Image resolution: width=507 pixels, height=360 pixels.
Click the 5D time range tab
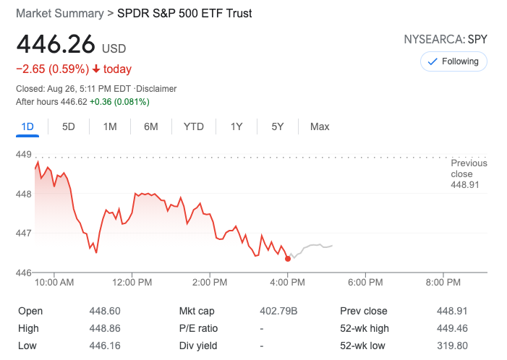(x=69, y=127)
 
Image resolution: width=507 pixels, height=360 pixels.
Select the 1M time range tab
(x=110, y=127)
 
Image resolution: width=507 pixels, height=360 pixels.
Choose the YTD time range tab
(x=194, y=127)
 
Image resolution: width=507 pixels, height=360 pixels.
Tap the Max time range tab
(x=320, y=127)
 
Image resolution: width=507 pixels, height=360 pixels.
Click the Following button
(x=453, y=61)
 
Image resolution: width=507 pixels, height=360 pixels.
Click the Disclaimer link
(x=156, y=89)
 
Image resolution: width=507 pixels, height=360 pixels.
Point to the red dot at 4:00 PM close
(x=288, y=258)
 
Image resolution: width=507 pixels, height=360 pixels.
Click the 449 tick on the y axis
(x=23, y=155)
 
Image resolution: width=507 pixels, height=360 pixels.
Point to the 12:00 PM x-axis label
(x=132, y=282)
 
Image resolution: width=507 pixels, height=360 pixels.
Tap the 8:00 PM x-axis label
(x=443, y=282)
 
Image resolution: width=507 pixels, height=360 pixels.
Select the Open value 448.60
(x=104, y=311)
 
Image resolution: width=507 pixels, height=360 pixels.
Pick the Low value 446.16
(x=104, y=346)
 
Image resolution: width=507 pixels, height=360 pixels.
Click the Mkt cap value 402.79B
(x=278, y=311)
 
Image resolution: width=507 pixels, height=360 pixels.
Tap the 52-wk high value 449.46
(x=452, y=328)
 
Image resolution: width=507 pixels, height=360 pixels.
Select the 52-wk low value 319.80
(x=452, y=346)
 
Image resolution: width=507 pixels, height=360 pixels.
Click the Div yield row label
(x=199, y=346)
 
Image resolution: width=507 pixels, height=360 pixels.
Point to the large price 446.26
(x=56, y=45)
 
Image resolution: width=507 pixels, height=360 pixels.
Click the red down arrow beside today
(x=95, y=69)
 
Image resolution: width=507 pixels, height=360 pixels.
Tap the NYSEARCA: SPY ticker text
(x=446, y=39)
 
